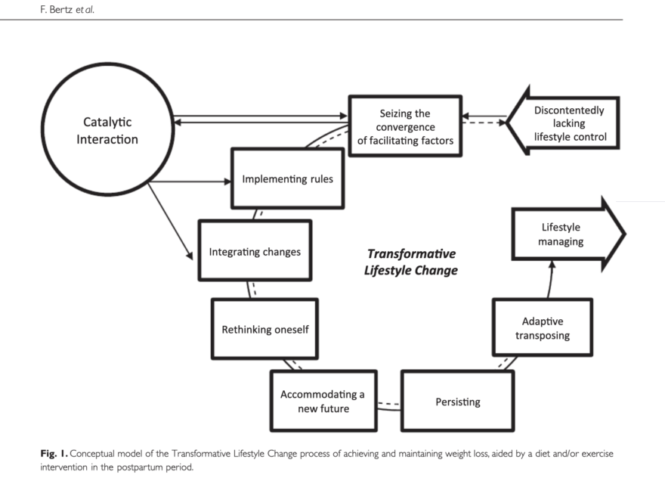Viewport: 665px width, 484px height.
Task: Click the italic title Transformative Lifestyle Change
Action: pos(411,262)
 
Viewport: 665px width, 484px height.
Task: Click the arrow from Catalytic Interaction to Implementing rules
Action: pos(190,181)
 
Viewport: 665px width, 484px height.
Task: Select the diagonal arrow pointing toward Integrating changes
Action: pos(170,221)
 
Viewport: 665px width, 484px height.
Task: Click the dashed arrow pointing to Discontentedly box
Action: pos(484,123)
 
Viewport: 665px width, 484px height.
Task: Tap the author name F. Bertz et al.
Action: pos(67,9)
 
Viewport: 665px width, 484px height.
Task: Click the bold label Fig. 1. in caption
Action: pos(54,454)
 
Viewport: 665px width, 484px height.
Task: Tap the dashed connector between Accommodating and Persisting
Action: pos(389,404)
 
